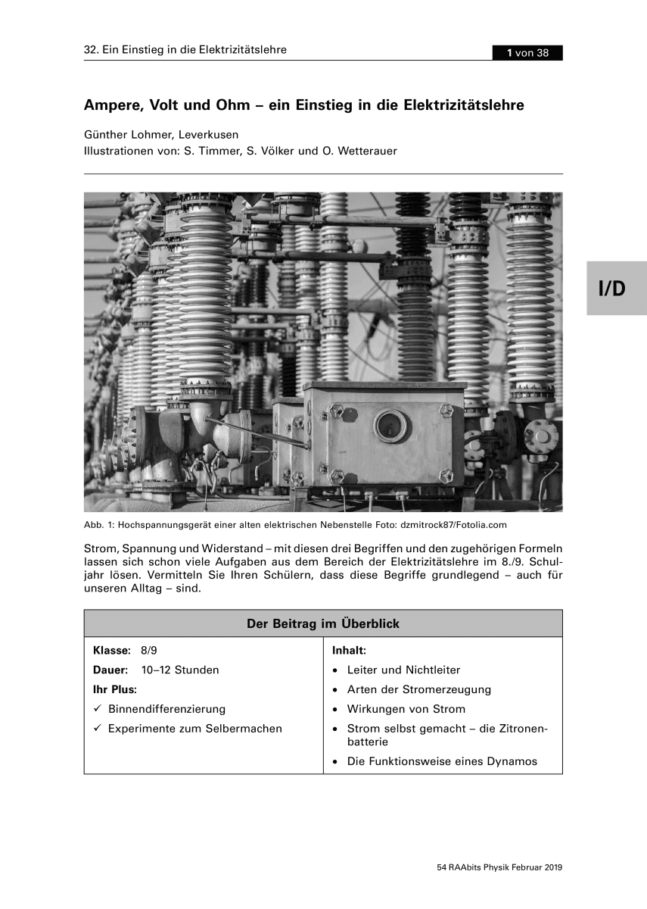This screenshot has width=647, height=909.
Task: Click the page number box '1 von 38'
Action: click(527, 52)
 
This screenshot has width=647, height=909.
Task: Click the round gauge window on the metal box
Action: click(390, 426)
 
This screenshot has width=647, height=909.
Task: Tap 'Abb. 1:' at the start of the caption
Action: click(100, 524)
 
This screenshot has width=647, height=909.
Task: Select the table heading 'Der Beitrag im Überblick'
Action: click(323, 624)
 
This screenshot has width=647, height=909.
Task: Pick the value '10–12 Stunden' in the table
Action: click(180, 670)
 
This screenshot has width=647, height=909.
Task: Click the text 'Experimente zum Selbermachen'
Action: click(195, 729)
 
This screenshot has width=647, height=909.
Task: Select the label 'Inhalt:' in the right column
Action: click(350, 651)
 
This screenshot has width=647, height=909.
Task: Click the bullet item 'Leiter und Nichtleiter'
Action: click(403, 670)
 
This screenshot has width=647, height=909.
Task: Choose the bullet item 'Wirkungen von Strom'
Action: click(406, 709)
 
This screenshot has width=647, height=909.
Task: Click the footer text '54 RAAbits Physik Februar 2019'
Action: click(500, 867)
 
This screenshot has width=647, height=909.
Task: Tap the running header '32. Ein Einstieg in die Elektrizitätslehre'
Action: click(185, 51)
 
